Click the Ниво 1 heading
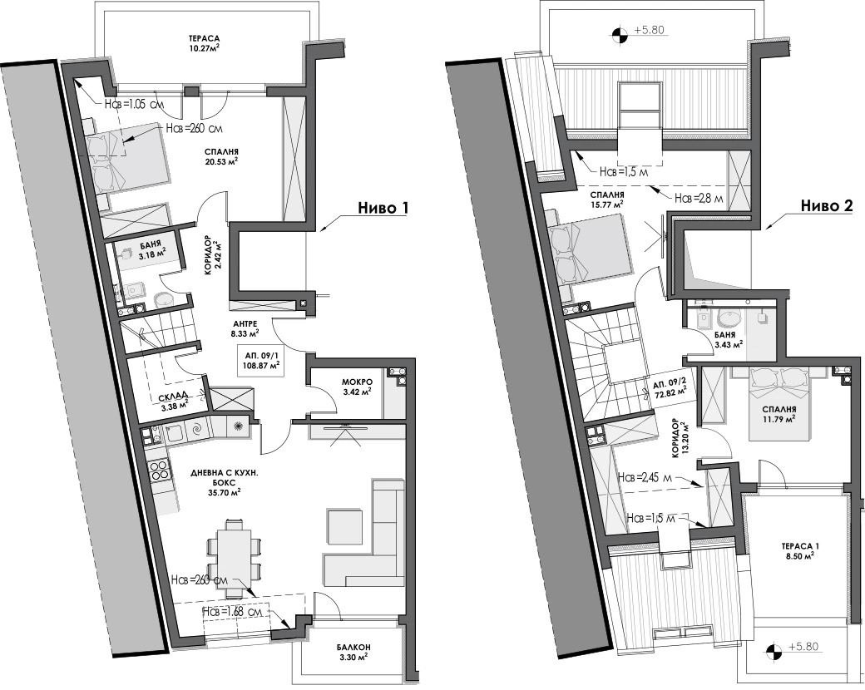click(x=383, y=208)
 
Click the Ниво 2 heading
click(x=827, y=205)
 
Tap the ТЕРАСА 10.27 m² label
click(x=205, y=42)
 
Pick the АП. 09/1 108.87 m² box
click(x=260, y=360)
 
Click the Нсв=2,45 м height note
click(x=643, y=478)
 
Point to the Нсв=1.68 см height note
click(x=235, y=611)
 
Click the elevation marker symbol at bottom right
click(x=774, y=650)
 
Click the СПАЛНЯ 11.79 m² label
click(x=779, y=414)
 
